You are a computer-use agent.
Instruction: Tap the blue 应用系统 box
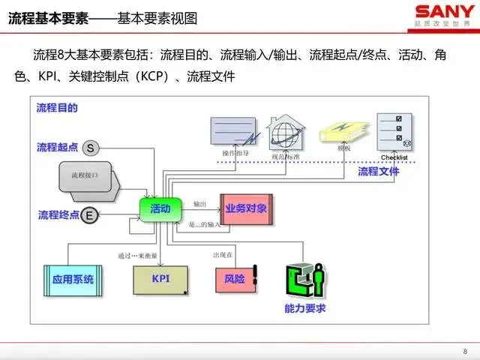(x=73, y=279)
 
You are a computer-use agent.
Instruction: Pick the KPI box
(x=160, y=279)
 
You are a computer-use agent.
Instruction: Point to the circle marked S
(x=91, y=148)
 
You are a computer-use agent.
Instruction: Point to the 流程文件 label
(x=378, y=171)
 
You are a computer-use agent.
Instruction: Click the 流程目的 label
(x=57, y=108)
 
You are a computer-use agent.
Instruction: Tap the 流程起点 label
(x=58, y=148)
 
